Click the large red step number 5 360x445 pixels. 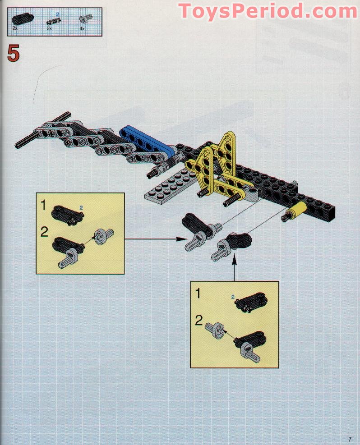click(14, 53)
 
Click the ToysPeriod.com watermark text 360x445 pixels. click(268, 11)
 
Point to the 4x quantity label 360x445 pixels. click(82, 28)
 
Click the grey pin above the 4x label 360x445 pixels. click(83, 18)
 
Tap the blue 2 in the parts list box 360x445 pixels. click(58, 14)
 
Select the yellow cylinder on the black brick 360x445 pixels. click(298, 210)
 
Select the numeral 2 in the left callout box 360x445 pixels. click(44, 232)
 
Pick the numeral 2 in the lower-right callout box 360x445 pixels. click(199, 321)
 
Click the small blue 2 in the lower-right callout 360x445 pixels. click(233, 297)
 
